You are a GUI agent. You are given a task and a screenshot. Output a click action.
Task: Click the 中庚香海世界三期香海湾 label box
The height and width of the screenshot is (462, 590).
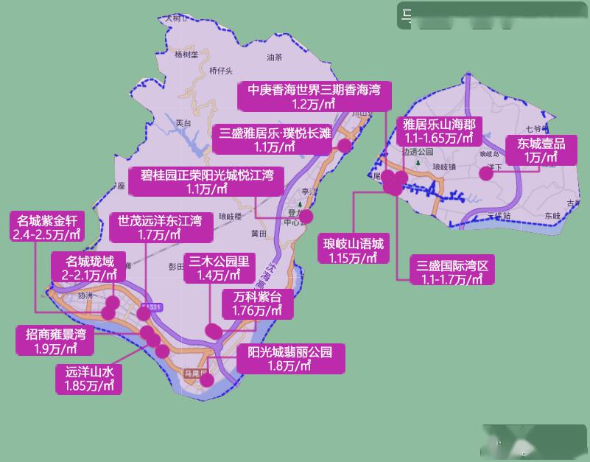314,97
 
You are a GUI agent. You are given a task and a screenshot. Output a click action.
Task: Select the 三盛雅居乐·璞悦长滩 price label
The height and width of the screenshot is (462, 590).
274,139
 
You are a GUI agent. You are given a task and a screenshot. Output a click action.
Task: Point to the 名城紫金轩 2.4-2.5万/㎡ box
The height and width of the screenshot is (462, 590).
47,227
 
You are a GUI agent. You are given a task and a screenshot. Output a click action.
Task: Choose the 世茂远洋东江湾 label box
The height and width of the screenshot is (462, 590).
161,227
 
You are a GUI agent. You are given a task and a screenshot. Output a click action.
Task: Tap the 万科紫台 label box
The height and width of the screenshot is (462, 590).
258,304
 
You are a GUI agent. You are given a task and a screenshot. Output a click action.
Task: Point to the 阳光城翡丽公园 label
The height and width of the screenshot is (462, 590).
290,358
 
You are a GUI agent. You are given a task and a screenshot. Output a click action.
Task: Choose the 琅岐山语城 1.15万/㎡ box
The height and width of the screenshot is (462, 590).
352,250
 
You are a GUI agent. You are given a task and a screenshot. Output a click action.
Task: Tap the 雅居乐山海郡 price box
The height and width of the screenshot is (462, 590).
438,130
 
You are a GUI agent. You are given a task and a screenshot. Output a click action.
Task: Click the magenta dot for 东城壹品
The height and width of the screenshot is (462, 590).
486,173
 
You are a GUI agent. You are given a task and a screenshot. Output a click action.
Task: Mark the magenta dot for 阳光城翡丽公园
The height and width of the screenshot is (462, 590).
207,380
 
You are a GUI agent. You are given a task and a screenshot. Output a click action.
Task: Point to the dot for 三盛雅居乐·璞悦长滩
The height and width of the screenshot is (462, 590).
344,145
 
